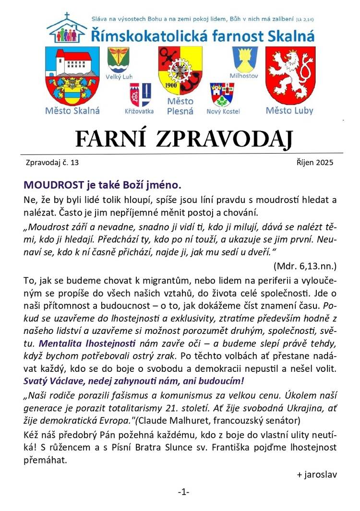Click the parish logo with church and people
pyautogui.click(x=68, y=29)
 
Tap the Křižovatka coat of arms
pyautogui.click(x=140, y=95)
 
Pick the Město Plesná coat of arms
pyautogui.click(x=180, y=71)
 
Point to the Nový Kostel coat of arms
pyautogui.click(x=222, y=95)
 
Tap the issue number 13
pyautogui.click(x=74, y=163)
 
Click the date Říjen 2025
pyautogui.click(x=315, y=162)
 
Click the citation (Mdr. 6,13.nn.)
pyautogui.click(x=305, y=265)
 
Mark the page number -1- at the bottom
pyautogui.click(x=183, y=492)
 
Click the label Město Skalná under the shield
pyautogui.click(x=72, y=111)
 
